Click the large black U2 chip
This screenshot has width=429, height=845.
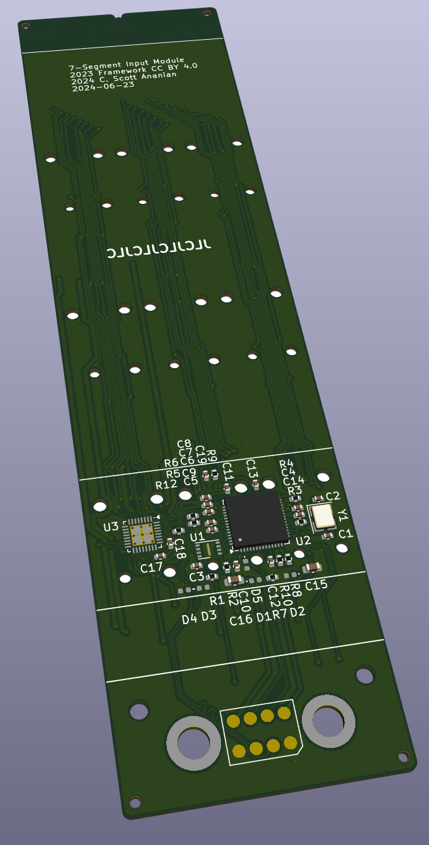click(x=256, y=520)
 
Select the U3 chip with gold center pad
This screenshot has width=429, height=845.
click(x=142, y=534)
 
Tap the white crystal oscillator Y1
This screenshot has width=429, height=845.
click(x=323, y=516)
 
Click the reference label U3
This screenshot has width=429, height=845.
click(x=111, y=526)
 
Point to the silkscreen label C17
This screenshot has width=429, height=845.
click(x=151, y=568)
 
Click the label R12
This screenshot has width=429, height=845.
click(x=166, y=485)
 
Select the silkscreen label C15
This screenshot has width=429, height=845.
click(x=316, y=585)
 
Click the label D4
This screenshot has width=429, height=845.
click(x=189, y=619)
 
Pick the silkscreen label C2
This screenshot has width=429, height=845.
click(x=333, y=496)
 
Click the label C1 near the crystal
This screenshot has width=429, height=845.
click(x=345, y=534)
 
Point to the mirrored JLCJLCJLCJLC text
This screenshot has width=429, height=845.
click(x=159, y=249)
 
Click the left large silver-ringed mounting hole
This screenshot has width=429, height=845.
click(x=194, y=743)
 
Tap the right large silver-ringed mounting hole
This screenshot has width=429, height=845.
click(x=329, y=721)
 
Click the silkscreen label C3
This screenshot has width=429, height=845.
click(x=196, y=577)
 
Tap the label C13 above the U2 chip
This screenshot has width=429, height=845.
click(x=252, y=468)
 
